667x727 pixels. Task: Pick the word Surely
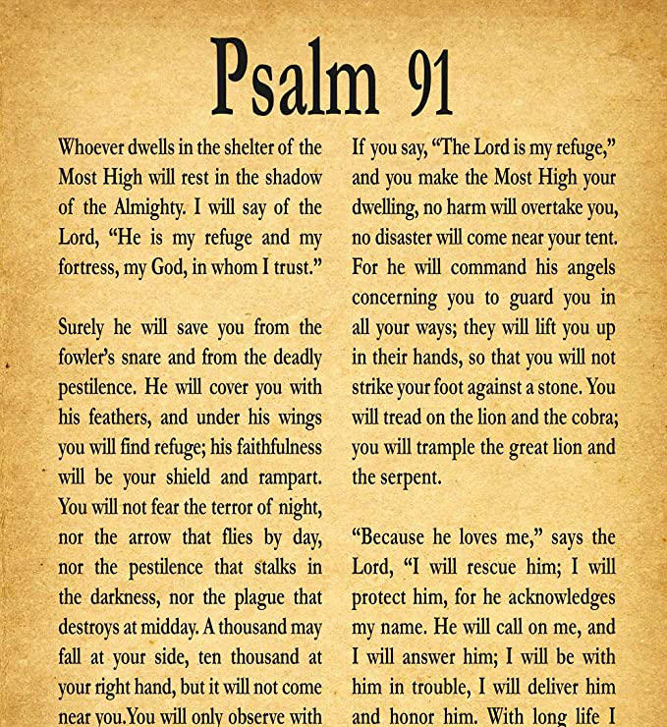point(84,327)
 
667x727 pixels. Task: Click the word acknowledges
point(558,597)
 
